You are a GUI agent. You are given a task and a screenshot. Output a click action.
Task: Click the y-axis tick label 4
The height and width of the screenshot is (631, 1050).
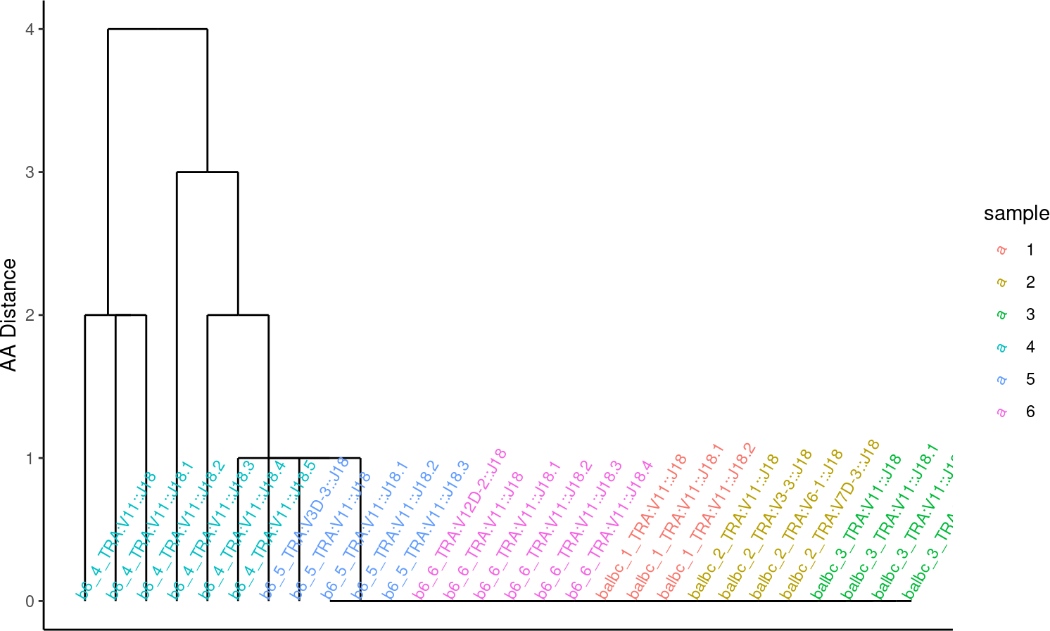(x=30, y=29)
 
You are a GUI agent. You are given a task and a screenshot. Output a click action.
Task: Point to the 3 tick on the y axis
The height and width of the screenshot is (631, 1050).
(x=30, y=172)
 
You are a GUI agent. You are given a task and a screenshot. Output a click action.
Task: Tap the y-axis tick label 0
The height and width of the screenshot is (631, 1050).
(x=30, y=601)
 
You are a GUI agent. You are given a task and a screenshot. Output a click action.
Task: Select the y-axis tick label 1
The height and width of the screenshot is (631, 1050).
(x=30, y=459)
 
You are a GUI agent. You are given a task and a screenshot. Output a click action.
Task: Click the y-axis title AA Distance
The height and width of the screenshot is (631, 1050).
(x=9, y=315)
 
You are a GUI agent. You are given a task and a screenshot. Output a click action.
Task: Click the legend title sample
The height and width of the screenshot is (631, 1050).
(x=1016, y=214)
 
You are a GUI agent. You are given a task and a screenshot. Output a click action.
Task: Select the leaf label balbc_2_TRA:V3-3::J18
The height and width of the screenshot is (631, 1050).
(x=764, y=525)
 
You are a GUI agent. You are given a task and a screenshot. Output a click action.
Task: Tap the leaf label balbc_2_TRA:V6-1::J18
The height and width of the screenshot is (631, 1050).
(x=795, y=525)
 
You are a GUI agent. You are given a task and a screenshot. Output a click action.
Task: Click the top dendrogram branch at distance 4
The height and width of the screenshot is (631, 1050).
(x=158, y=30)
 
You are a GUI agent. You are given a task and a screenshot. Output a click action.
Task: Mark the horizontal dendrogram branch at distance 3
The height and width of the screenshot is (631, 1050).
(x=207, y=172)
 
